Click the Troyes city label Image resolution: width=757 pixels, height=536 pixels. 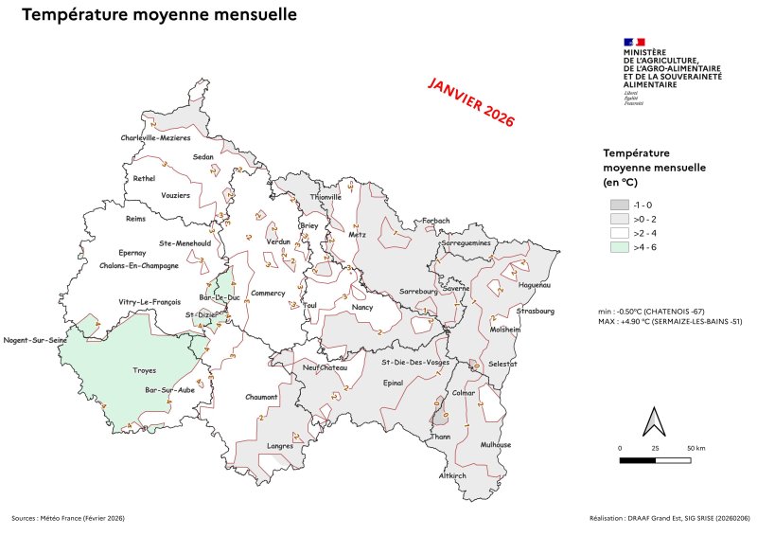coord(145,370)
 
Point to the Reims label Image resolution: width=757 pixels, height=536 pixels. coord(136,219)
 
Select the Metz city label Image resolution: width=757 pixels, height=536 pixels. coord(357,234)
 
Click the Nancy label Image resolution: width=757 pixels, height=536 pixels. coord(362,307)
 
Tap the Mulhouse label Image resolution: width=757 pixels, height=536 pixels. coord(495,444)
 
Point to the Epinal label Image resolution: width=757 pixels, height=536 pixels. coord(392,384)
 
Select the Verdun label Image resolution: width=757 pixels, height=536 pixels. coord(278,242)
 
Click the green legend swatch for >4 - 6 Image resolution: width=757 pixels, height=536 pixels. coord(619,247)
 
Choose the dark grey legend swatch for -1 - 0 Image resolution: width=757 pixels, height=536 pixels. coord(619,205)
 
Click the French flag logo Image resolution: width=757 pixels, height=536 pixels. coord(633,42)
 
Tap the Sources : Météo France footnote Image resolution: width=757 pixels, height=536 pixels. coord(68,518)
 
